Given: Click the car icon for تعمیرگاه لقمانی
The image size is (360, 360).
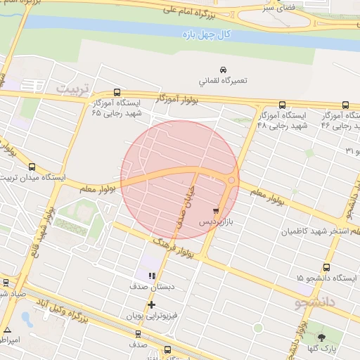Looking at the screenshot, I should click(x=223, y=70).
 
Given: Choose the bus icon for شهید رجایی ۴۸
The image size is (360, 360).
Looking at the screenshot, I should click(x=282, y=104).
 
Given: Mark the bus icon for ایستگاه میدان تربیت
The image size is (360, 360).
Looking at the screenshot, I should click(x=32, y=167).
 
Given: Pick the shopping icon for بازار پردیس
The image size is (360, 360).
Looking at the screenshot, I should click(x=215, y=210).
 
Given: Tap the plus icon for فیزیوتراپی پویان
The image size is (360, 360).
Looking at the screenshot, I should click(x=151, y=304).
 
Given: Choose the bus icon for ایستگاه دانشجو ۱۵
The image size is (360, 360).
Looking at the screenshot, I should click(x=326, y=267).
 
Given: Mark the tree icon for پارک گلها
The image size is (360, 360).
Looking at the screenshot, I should click(x=321, y=337).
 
